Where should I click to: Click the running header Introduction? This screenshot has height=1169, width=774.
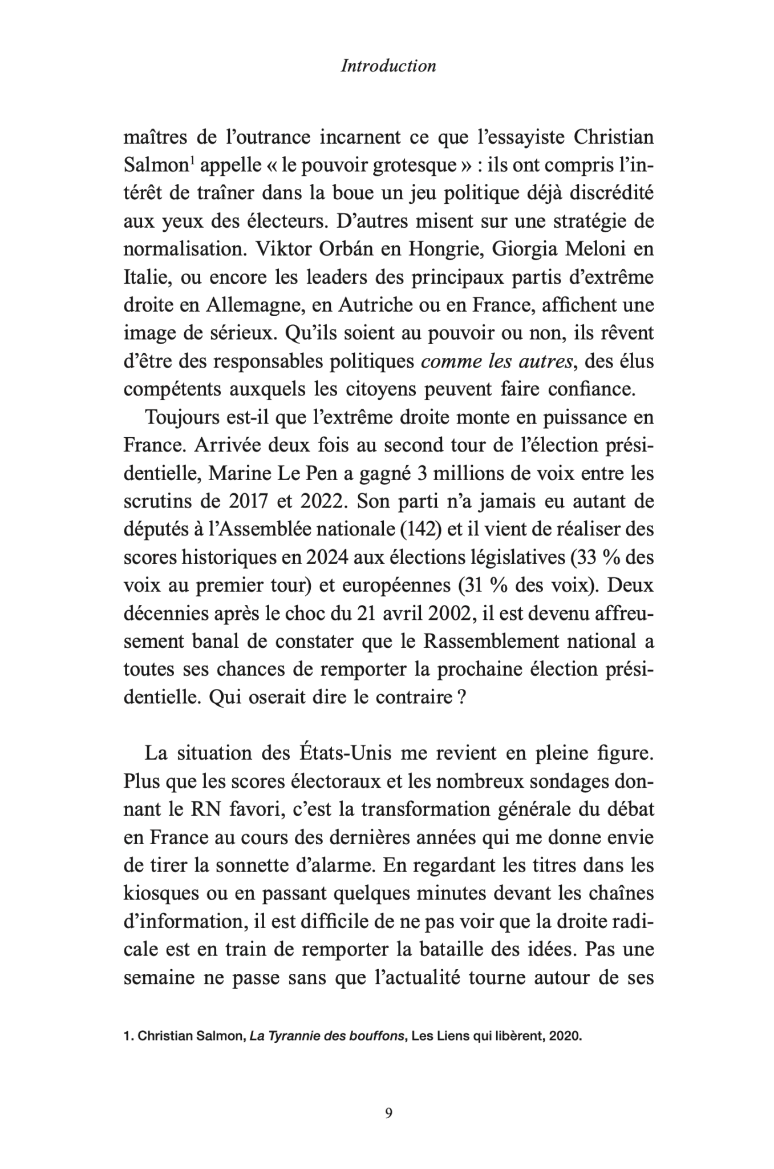pyautogui.click(x=388, y=66)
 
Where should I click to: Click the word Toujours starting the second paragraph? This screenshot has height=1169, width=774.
pyautogui.click(x=180, y=418)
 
